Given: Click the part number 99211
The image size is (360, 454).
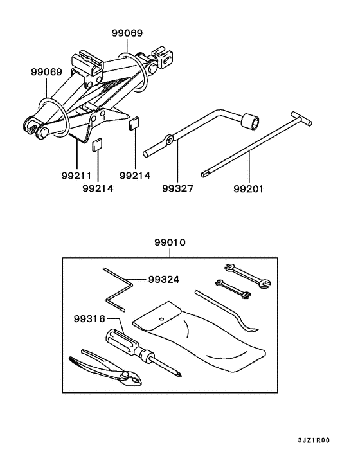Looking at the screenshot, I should (76, 174).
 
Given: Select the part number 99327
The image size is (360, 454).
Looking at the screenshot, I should (177, 189).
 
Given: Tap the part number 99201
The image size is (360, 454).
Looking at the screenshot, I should (249, 189).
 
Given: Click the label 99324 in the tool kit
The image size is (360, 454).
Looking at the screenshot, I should (163, 280).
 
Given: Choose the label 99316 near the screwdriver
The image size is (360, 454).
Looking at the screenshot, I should (89, 318).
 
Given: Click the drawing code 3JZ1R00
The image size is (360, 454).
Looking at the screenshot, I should (314, 440).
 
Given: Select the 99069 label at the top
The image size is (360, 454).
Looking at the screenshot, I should (127, 33).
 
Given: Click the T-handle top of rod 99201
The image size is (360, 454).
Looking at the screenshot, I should (300, 116).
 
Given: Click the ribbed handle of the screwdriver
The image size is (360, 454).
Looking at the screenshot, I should (122, 341).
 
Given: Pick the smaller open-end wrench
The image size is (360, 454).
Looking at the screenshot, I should (232, 289).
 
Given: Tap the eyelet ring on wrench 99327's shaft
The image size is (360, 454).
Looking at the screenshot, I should (169, 140).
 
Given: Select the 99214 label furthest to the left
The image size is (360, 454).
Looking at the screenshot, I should (98, 189).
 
